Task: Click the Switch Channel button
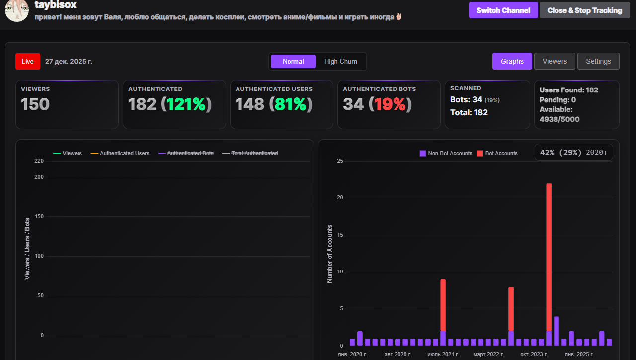[x=503, y=10]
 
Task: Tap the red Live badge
[x=28, y=61]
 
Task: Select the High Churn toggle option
[x=340, y=61]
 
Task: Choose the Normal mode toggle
[x=293, y=61]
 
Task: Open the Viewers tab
[x=555, y=61]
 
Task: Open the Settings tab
[x=598, y=61]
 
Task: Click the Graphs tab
[x=512, y=61]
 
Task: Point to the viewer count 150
[x=35, y=104]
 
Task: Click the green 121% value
[x=185, y=104]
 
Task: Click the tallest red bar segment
[x=549, y=256]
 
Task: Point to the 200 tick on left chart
[x=39, y=177]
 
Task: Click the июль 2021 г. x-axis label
[x=443, y=354]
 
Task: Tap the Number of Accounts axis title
[x=330, y=254]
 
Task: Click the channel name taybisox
[x=56, y=5]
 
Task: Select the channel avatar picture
[x=17, y=10]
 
